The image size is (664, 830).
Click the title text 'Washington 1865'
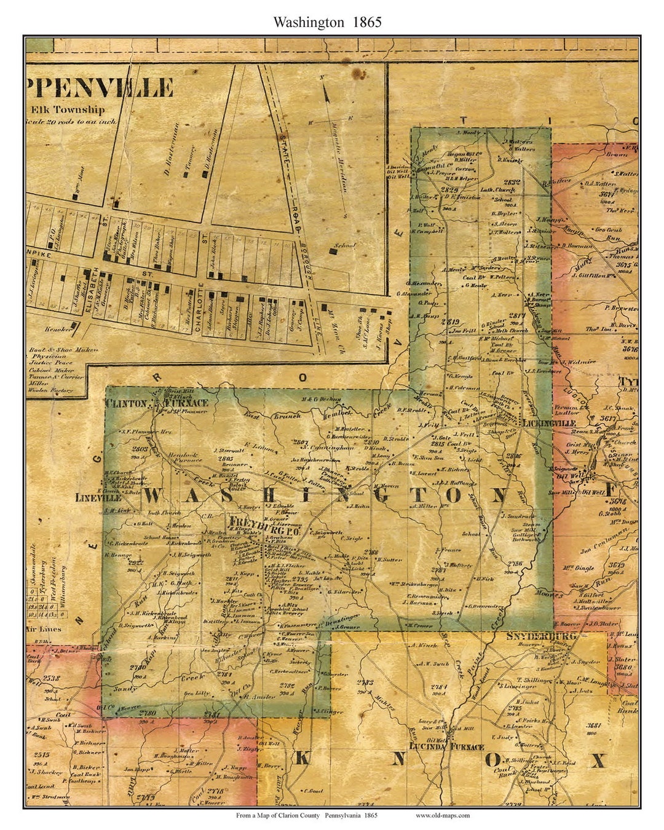328,22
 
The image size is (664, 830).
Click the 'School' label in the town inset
344,246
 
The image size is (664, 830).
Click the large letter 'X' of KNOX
597,761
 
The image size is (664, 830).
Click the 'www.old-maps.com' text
443,816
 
